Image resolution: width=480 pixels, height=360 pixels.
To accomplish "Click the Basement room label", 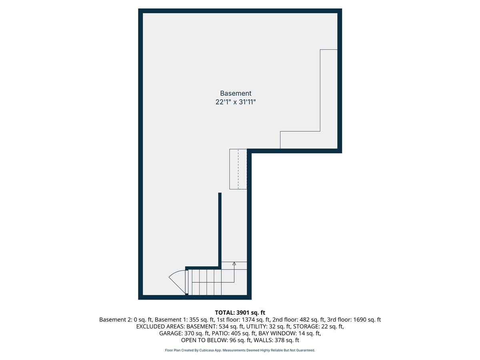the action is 236,93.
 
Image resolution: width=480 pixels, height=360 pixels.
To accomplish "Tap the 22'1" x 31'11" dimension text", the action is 236,102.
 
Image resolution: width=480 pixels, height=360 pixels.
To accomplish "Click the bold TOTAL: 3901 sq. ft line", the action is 240,312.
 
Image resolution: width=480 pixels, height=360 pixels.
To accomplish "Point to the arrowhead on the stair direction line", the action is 234,264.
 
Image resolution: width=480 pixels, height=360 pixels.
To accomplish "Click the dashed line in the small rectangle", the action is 238,169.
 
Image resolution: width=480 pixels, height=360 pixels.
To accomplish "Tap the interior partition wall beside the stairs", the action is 220,230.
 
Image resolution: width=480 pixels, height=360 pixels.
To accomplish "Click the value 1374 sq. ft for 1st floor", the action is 256,320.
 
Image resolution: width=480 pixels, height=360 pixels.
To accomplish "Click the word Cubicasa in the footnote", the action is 207,350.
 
